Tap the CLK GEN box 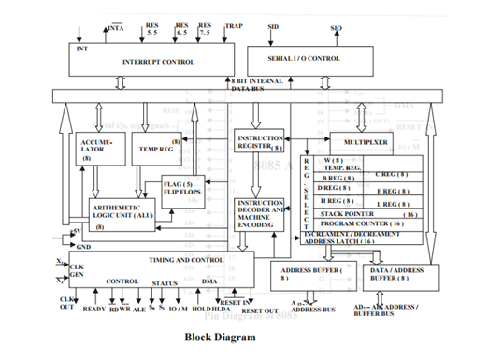(x=78, y=271)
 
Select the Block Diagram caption (x=219, y=337)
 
